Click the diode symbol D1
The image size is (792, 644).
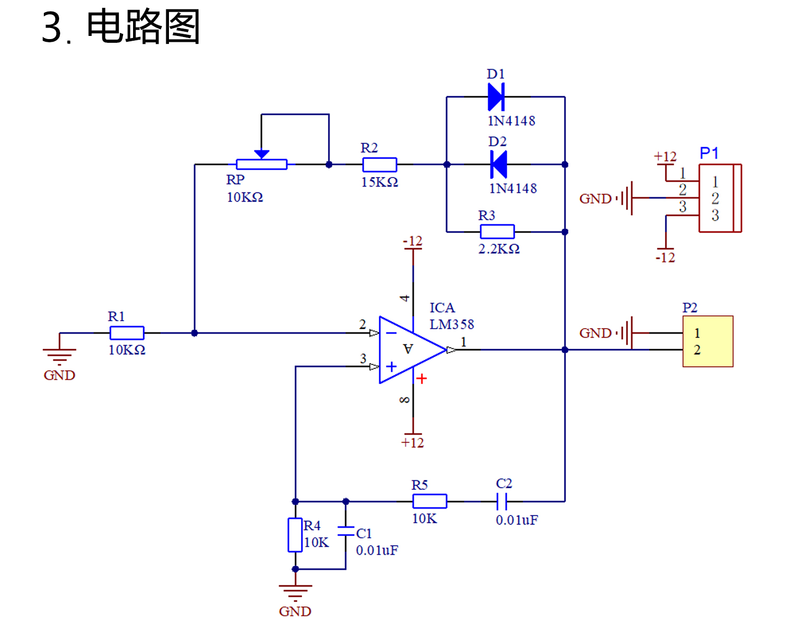tap(496, 97)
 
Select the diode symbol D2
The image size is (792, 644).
tap(498, 164)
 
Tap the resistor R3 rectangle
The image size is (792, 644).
tap(497, 231)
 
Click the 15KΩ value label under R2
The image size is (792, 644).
tap(379, 182)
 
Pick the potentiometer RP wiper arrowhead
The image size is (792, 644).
tap(261, 154)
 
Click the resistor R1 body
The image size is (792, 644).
tap(127, 333)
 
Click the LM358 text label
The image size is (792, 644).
tap(451, 324)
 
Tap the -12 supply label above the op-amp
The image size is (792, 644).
tap(412, 241)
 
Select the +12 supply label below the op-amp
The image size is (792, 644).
tap(412, 443)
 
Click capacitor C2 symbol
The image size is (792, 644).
tap(502, 501)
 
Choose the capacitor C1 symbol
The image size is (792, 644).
tap(346, 531)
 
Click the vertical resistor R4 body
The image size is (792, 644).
tap(295, 535)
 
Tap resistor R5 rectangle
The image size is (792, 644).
tap(429, 501)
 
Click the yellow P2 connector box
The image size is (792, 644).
tap(708, 341)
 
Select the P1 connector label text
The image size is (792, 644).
tap(709, 154)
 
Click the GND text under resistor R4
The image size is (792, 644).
tap(295, 611)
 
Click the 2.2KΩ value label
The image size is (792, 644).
tap(498, 249)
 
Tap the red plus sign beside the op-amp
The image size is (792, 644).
tap(421, 379)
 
